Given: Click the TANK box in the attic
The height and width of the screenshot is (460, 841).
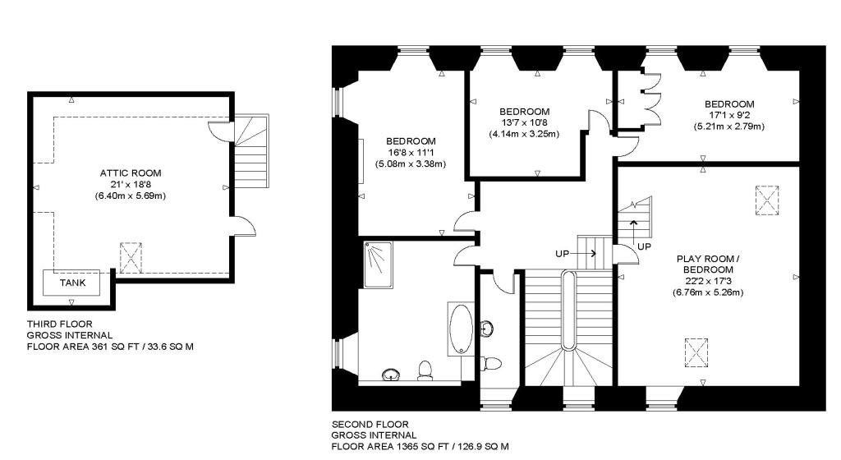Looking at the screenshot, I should coord(71,282).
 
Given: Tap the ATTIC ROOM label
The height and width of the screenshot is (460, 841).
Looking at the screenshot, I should coord(131,173).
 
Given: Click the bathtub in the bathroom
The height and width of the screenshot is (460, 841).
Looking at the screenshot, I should coord(460,328).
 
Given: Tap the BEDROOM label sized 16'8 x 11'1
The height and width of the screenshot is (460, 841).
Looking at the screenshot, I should coord(411,141).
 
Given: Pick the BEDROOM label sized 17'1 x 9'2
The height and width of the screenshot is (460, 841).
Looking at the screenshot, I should coord(729,103).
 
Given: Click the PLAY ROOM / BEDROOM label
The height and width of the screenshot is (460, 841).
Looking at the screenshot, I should coord(704,264).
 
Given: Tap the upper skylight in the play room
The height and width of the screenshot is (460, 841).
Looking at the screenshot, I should coord(765,198).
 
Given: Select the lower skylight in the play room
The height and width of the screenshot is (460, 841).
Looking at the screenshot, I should coord(697,353).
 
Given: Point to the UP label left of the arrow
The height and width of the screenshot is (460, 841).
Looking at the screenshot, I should coord(563,254).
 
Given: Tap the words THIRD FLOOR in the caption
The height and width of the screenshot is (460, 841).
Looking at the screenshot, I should coord(59,324).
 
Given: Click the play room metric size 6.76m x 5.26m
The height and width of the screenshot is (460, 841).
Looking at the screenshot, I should coord(707,292).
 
